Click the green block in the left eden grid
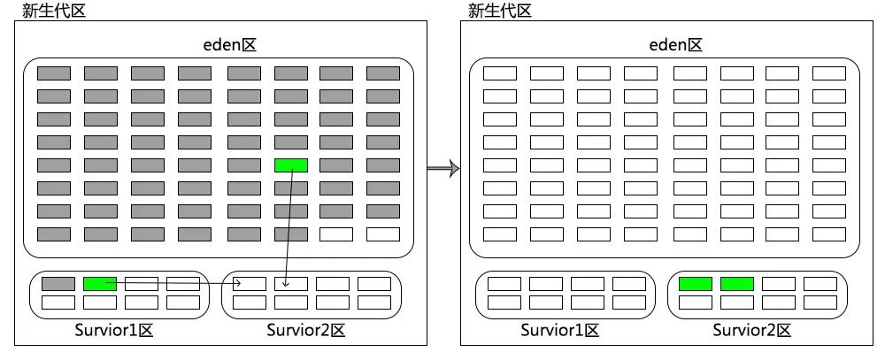[x=291, y=165]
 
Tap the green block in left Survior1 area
[x=99, y=284]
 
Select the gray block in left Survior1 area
[x=58, y=284]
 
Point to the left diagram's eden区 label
[x=217, y=44]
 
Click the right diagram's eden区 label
[x=663, y=44]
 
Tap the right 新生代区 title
[x=500, y=11]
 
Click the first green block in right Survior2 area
[x=696, y=284]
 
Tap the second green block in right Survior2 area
[x=737, y=284]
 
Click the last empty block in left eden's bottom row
[x=383, y=234]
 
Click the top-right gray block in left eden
[x=383, y=73]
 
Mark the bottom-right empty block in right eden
[x=829, y=234]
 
